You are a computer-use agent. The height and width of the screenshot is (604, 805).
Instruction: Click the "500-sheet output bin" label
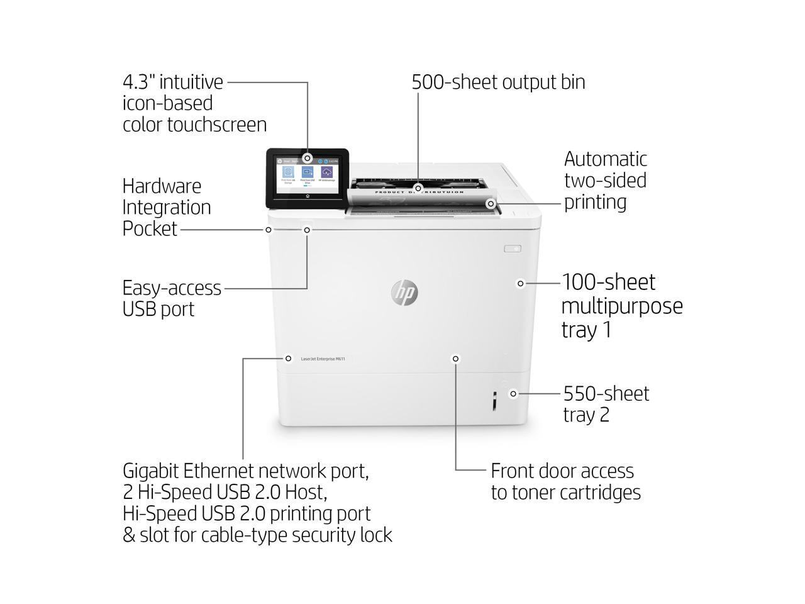click(x=498, y=82)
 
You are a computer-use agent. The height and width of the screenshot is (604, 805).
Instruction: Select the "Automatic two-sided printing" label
click(x=605, y=181)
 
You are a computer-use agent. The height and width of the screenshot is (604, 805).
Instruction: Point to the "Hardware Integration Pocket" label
click(x=166, y=208)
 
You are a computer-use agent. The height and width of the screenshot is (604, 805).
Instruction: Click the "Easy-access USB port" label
click(x=172, y=298)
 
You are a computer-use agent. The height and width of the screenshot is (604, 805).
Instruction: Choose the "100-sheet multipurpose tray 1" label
click(x=621, y=306)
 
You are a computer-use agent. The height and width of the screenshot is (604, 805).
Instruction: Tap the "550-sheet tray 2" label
click(x=606, y=404)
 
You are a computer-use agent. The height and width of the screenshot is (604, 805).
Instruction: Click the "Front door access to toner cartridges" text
click(x=565, y=481)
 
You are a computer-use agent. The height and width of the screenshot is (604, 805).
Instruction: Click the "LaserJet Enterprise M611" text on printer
click(x=323, y=359)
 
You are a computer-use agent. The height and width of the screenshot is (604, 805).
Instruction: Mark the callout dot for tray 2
click(x=513, y=394)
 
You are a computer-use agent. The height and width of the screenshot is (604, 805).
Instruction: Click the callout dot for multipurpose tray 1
click(x=520, y=284)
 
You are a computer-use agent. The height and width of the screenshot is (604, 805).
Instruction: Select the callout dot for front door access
click(x=455, y=359)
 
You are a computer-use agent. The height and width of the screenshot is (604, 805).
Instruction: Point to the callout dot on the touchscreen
click(x=307, y=158)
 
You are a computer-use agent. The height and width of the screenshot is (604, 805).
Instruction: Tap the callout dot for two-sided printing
click(x=491, y=204)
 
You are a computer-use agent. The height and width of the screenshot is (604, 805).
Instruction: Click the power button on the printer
click(x=513, y=249)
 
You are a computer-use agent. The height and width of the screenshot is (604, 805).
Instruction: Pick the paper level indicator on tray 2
click(x=494, y=401)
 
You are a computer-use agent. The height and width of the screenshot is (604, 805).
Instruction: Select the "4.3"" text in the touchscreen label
click(x=139, y=82)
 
